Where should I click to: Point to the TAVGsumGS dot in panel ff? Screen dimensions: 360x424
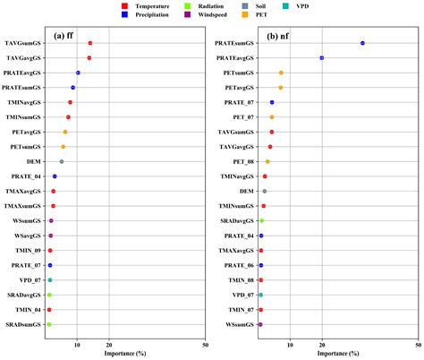[x=90, y=43]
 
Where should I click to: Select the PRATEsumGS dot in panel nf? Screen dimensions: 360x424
[x=362, y=43]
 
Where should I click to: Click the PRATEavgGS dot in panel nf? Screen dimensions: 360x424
[x=322, y=57]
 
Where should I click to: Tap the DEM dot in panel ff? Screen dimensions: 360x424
[x=62, y=161]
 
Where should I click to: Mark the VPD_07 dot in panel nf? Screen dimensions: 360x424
[x=260, y=295]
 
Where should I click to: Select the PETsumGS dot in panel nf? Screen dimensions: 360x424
[x=281, y=73]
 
